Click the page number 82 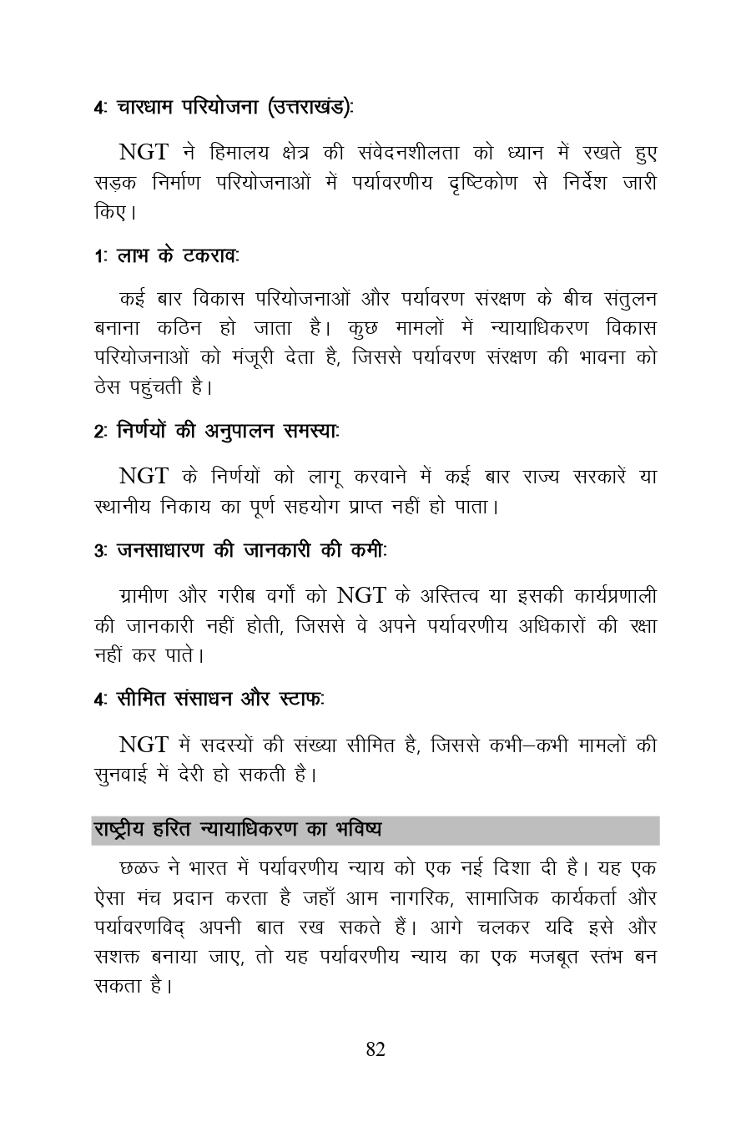[375, 1049]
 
